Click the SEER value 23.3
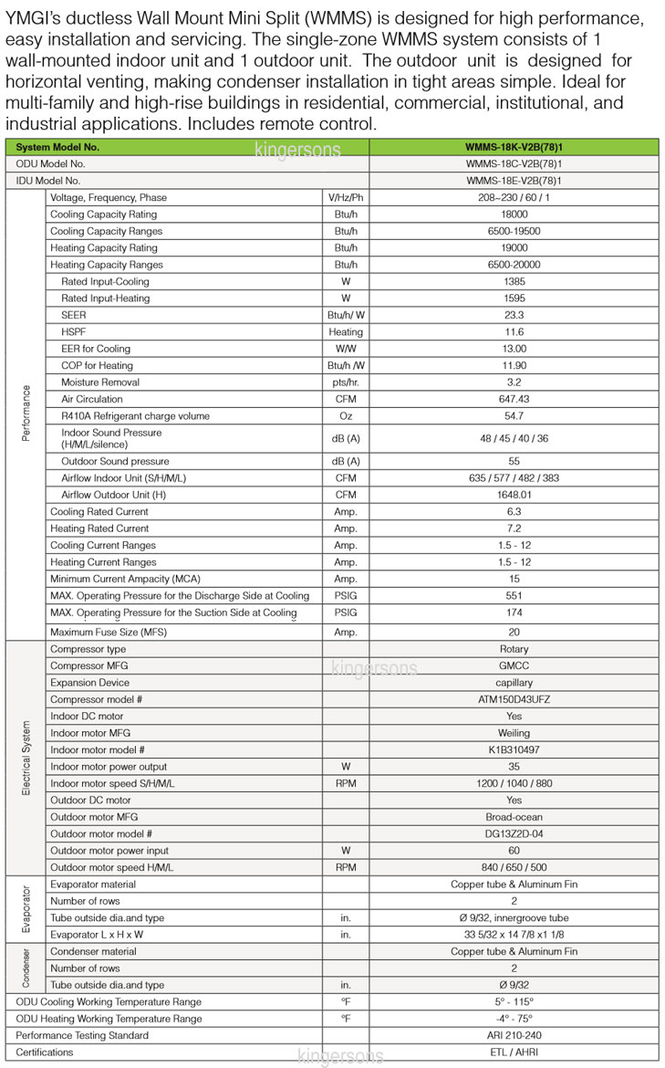[x=514, y=315]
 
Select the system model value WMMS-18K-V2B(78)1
[x=514, y=147]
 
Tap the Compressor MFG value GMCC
[x=514, y=665]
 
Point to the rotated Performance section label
[x=26, y=413]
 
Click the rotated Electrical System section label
[x=26, y=758]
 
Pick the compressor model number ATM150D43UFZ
[x=514, y=699]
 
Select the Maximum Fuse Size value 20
[x=514, y=632]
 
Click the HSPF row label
[x=74, y=331]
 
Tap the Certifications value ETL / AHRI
[x=514, y=1052]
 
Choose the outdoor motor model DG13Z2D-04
[x=514, y=833]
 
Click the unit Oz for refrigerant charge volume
[x=346, y=415]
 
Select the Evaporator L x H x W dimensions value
[x=514, y=934]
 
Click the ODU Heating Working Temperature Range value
[x=514, y=1018]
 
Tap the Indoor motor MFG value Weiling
[x=514, y=733]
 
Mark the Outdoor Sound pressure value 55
[x=514, y=461]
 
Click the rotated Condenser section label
[x=26, y=968]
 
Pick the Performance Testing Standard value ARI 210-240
[x=514, y=1035]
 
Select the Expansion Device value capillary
[x=514, y=682]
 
